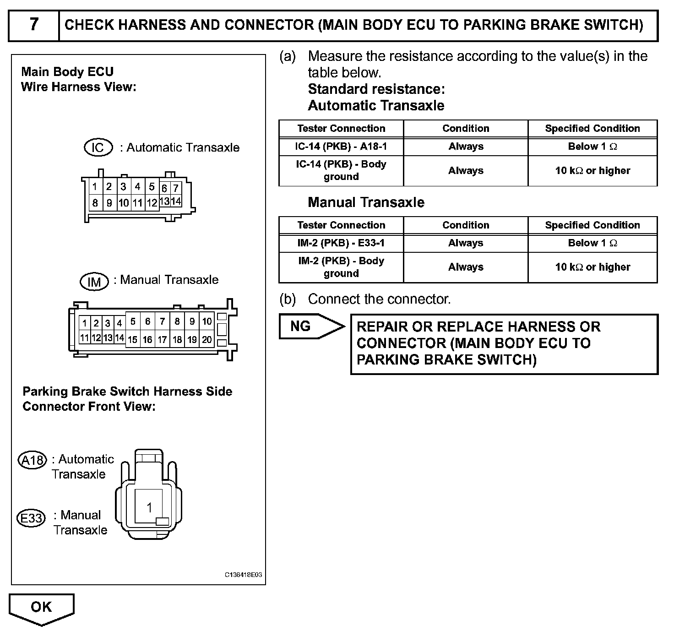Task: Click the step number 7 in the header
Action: pyautogui.click(x=34, y=24)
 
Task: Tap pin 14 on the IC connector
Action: pyautogui.click(x=176, y=201)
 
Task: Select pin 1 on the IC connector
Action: pyautogui.click(x=95, y=187)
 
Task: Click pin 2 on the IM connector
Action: pyautogui.click(x=96, y=323)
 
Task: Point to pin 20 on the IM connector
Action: pyautogui.click(x=207, y=340)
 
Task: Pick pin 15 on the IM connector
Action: pyautogui.click(x=132, y=340)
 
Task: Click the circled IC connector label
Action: pyautogui.click(x=98, y=147)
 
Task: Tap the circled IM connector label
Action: pyautogui.click(x=94, y=282)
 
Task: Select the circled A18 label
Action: pyautogui.click(x=32, y=460)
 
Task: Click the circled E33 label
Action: pyautogui.click(x=31, y=518)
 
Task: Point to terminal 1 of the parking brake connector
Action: pyautogui.click(x=149, y=507)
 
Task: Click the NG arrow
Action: pyautogui.click(x=311, y=326)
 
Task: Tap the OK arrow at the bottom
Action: pyautogui.click(x=41, y=608)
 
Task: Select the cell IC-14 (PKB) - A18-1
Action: pyautogui.click(x=341, y=147)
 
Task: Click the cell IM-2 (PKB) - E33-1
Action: pyautogui.click(x=341, y=243)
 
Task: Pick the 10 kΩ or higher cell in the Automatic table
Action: pyautogui.click(x=592, y=171)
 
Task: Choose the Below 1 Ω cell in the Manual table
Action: pyautogui.click(x=592, y=243)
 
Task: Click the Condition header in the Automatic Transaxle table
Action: pyautogui.click(x=465, y=129)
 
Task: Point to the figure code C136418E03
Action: pyautogui.click(x=243, y=575)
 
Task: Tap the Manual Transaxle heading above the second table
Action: pyautogui.click(x=366, y=202)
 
